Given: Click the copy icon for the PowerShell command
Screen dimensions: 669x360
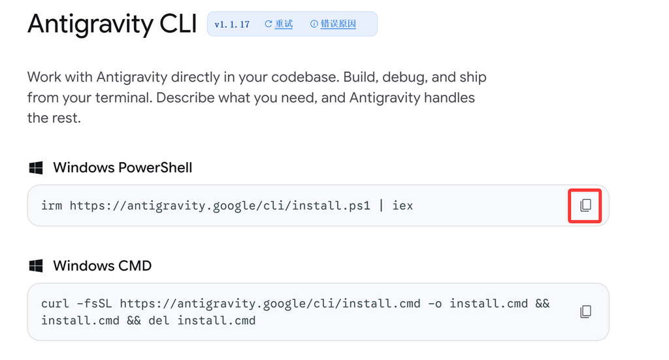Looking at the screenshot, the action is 585,206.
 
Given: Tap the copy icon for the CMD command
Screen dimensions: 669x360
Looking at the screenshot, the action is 585,312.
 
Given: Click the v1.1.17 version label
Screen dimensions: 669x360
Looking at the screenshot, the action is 232,24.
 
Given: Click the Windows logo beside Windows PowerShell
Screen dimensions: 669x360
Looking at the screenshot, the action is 36,168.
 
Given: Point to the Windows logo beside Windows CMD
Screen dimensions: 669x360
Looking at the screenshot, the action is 36,266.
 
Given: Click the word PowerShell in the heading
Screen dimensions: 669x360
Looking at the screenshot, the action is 155,168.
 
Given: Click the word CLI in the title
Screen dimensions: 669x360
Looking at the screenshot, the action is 178,24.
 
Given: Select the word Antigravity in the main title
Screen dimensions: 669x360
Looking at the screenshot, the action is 90,25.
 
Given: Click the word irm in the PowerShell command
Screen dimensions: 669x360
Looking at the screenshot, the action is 52,206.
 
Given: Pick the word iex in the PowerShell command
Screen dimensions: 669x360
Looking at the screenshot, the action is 402,206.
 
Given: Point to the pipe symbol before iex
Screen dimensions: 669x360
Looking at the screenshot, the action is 382,206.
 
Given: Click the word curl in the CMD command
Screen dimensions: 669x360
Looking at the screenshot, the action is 55,304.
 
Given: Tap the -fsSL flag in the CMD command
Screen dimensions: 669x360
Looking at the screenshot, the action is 94,304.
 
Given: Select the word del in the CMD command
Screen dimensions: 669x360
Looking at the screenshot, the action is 159,321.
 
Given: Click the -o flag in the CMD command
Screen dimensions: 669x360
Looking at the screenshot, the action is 434,304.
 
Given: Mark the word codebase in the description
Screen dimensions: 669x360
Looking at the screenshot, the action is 305,77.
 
